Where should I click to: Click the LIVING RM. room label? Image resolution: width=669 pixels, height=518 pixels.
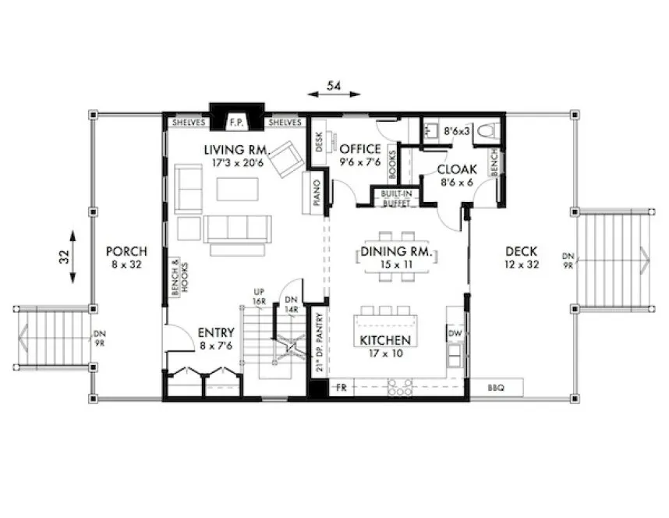tap(237, 149)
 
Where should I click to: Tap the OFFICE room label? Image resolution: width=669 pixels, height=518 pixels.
tap(359, 149)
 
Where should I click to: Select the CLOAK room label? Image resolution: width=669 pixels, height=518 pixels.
tap(452, 169)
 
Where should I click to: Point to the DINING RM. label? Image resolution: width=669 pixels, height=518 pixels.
tap(397, 253)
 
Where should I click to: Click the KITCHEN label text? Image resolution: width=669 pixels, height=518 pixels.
tap(384, 341)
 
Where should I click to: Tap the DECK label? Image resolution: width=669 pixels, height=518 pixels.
tap(521, 251)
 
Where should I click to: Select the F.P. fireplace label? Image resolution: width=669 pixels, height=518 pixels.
tap(236, 122)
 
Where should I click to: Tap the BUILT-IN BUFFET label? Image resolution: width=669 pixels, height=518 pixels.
tap(397, 198)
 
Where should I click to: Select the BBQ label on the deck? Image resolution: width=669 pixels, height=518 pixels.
tap(496, 387)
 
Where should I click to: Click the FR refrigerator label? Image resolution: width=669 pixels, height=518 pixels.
tap(340, 387)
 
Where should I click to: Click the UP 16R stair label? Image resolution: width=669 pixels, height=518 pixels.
tap(259, 296)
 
